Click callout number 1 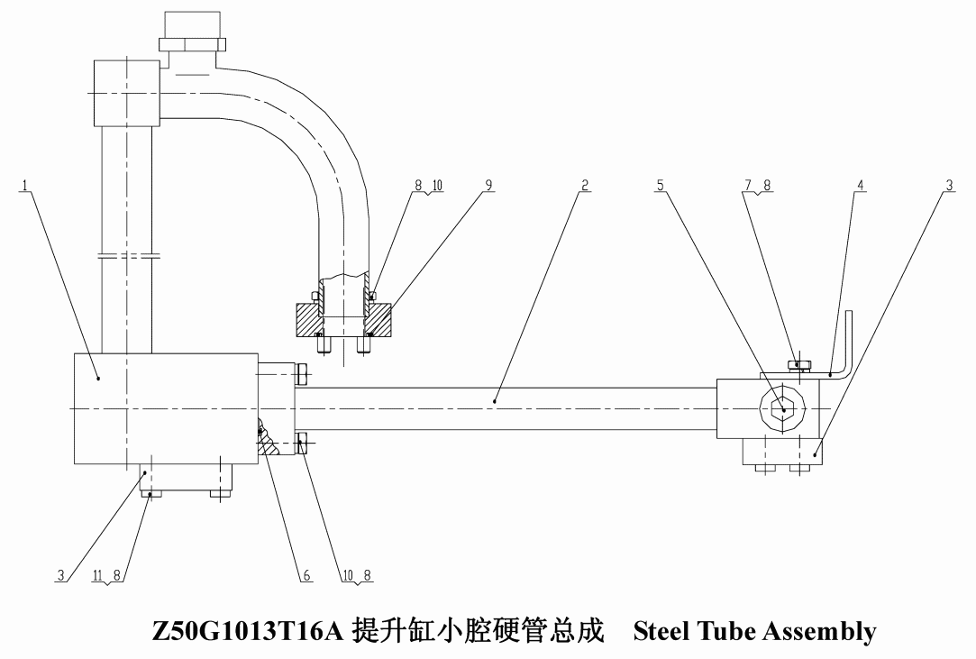pyautogui.click(x=25, y=185)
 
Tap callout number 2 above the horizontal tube pyautogui.click(x=585, y=185)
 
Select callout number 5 pyautogui.click(x=660, y=185)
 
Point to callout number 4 pyautogui.click(x=860, y=185)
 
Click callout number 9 pyautogui.click(x=488, y=185)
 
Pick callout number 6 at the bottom pyautogui.click(x=306, y=575)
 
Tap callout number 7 pyautogui.click(x=749, y=185)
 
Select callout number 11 pyautogui.click(x=97, y=575)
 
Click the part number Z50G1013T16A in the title pyautogui.click(x=248, y=630)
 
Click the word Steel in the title pyautogui.click(x=662, y=630)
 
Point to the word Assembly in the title pyautogui.click(x=820, y=632)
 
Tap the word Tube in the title pyautogui.click(x=727, y=630)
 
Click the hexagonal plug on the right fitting pyautogui.click(x=783, y=408)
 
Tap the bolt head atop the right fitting pyautogui.click(x=798, y=364)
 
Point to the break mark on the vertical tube pyautogui.click(x=127, y=255)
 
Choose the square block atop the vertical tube pyautogui.click(x=127, y=93)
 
